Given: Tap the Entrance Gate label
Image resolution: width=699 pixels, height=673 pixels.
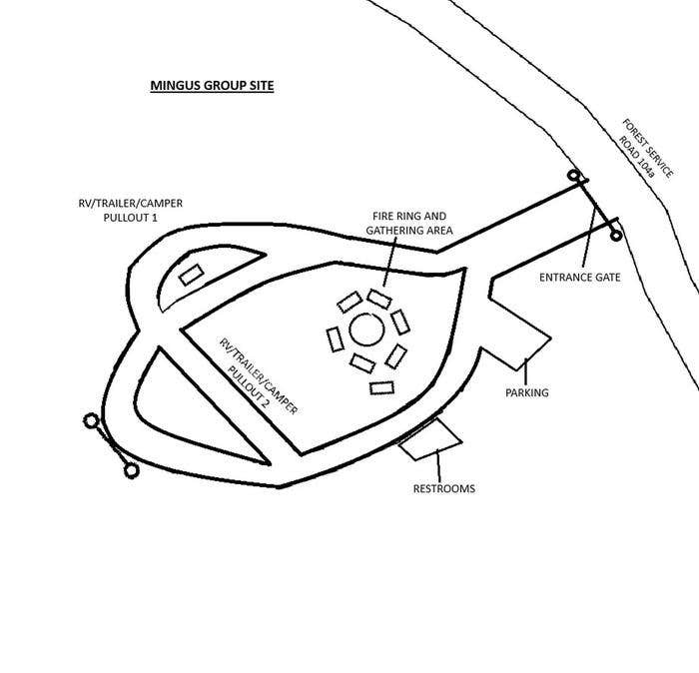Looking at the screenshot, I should click(580, 277).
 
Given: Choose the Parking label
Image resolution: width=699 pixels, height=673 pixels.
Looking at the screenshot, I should click(526, 392).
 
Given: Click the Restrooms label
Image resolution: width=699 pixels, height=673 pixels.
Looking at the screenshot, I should click(443, 489).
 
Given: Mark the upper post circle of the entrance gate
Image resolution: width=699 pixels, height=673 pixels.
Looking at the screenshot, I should click(574, 177).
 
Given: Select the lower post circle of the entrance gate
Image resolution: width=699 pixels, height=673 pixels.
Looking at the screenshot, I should click(616, 237).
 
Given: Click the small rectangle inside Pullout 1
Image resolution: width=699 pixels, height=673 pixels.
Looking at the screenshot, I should click(191, 274).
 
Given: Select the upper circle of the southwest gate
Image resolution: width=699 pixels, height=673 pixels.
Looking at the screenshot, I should click(91, 422).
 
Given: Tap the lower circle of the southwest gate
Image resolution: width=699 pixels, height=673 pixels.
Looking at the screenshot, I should click(130, 468).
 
